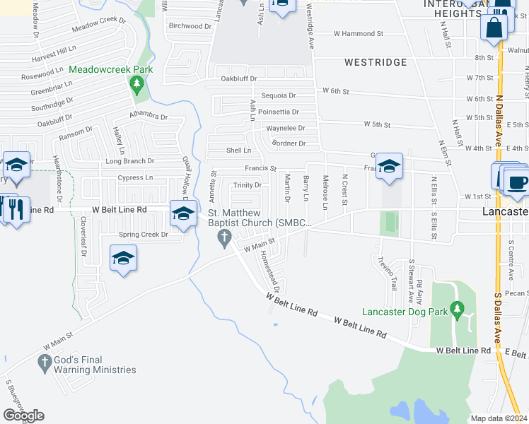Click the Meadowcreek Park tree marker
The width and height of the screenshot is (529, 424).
pyautogui.click(x=137, y=86)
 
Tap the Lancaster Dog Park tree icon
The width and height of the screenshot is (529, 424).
pyautogui.click(x=457, y=309)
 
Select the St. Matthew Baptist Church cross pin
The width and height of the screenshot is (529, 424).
pyautogui.click(x=226, y=239)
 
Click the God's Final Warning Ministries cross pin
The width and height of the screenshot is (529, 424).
pyautogui.click(x=44, y=364)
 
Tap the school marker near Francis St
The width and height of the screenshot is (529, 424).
pyautogui.click(x=388, y=167)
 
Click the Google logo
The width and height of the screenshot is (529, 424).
pyautogui.click(x=23, y=416)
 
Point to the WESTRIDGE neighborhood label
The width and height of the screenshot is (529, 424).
pyautogui.click(x=376, y=62)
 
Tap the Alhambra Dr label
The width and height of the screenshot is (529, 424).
pyautogui.click(x=149, y=116)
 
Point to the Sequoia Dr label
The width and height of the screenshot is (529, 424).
pyautogui.click(x=278, y=95)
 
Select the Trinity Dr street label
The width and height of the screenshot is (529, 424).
pyautogui.click(x=248, y=185)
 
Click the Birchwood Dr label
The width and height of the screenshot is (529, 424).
pyautogui.click(x=190, y=25)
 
